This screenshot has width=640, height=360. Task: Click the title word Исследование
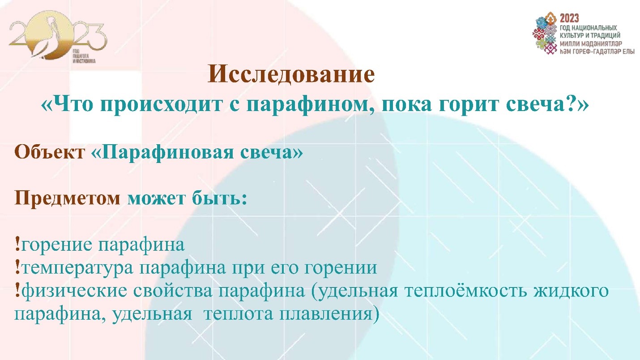pos(291,75)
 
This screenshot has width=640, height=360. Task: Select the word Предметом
pos(67,197)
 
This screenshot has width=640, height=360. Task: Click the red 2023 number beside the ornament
pos(569,18)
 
